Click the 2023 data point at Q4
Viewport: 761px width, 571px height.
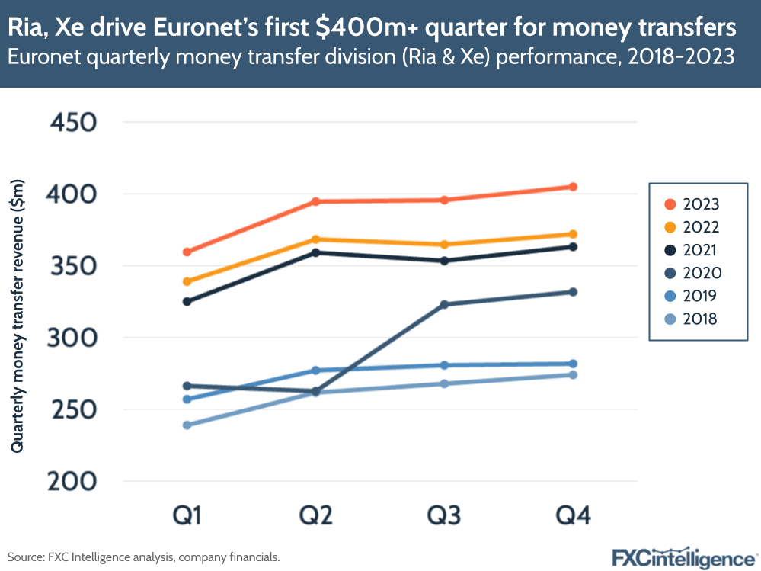coord(573,187)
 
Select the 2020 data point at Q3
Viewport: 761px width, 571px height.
coord(444,304)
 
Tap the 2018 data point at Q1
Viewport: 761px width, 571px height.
coord(187,425)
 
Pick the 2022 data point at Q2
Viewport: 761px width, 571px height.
coord(315,239)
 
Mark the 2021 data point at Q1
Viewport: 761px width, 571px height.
coord(187,301)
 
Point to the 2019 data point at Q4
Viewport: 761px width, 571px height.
coord(573,364)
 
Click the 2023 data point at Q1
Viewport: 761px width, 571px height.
coord(187,252)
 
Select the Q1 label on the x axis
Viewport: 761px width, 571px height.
coord(187,516)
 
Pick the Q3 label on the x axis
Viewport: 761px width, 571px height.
coord(444,516)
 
